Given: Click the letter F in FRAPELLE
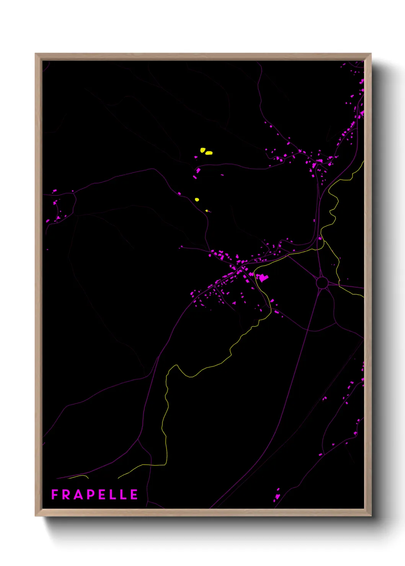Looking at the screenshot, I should (x=54, y=495).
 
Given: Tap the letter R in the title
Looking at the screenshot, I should (x=66, y=495).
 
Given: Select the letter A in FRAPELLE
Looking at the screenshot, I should (x=78, y=495).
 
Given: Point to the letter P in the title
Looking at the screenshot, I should (x=90, y=495).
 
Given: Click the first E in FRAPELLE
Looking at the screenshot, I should (x=101, y=495).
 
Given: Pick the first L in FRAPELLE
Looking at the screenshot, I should (x=112, y=495).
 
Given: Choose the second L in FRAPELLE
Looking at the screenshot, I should (x=123, y=495).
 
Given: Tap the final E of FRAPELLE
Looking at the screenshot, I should (x=134, y=495).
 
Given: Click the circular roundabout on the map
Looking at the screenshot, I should (x=322, y=283).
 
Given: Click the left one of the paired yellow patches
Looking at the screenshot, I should (x=202, y=150).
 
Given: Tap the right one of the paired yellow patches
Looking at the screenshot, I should (x=209, y=153).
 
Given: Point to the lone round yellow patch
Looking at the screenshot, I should (x=197, y=200).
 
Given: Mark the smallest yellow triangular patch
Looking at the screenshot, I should (x=207, y=211).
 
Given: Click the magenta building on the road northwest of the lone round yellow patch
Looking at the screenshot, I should (x=180, y=194).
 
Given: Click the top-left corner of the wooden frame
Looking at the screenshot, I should (x=36, y=54).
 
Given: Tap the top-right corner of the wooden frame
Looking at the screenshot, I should (x=371, y=54).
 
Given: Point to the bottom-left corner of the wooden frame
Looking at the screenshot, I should (x=36, y=516).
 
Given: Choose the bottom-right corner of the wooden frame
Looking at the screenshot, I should (x=371, y=516).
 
